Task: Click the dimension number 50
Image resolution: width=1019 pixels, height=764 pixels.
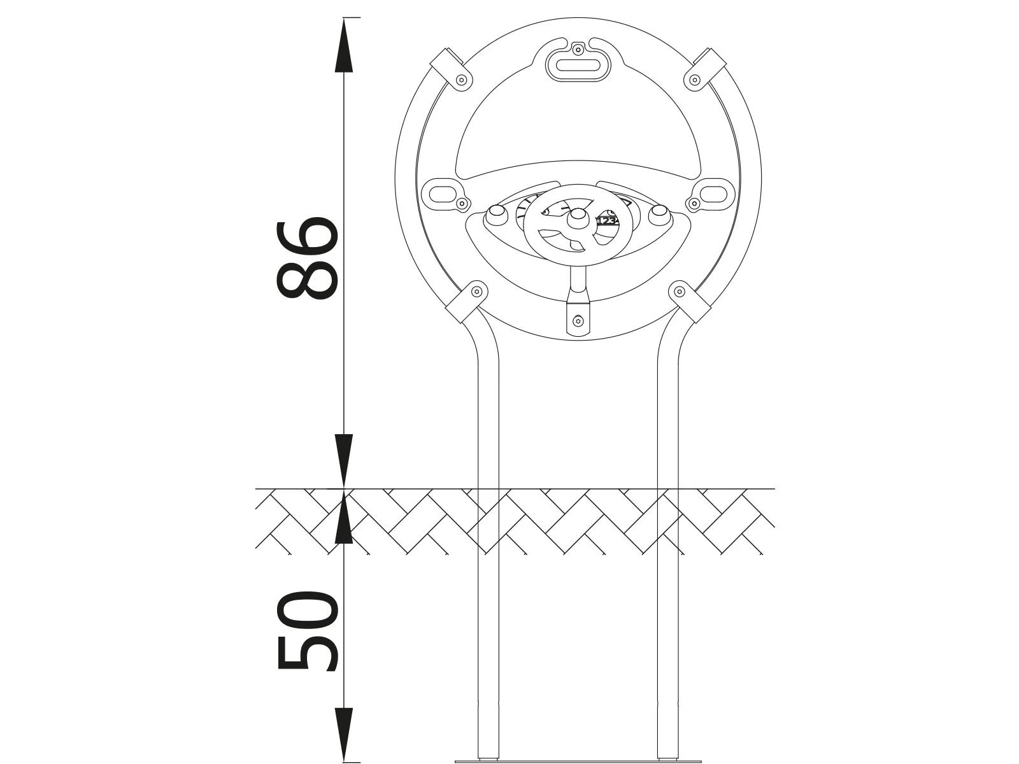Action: coord(306,630)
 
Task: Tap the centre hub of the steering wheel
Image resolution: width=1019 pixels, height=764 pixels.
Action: coord(578,218)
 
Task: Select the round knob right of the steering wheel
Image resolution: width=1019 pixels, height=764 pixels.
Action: coord(659,215)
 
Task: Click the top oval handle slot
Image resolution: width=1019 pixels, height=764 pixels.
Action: coord(578,65)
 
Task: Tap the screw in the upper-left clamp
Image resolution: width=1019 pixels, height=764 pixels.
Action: coord(462,80)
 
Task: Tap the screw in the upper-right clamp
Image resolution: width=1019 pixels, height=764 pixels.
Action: coord(694,80)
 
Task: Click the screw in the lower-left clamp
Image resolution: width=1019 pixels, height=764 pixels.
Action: coord(476,292)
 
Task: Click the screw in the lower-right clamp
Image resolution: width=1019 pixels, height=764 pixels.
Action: coord(680,292)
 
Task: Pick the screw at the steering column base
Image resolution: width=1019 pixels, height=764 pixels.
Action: coord(578,320)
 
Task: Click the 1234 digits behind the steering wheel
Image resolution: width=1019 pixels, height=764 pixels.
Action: coord(607,220)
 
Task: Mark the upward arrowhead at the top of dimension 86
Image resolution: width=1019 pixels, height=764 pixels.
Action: coord(344,45)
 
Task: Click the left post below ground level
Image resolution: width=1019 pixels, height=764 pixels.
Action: coord(488,637)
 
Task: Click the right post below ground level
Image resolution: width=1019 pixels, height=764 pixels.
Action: coord(668,637)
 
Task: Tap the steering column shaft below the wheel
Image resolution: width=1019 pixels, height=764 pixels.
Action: coord(578,280)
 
